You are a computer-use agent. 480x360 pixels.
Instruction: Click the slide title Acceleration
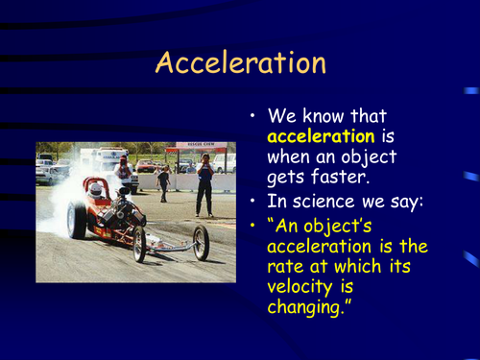click(x=240, y=62)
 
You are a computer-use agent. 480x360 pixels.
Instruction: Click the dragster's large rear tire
click(x=77, y=219)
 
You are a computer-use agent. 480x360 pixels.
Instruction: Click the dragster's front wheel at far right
click(x=201, y=243)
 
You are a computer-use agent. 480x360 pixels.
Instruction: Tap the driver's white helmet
click(x=95, y=190)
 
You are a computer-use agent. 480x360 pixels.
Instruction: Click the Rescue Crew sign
click(x=201, y=147)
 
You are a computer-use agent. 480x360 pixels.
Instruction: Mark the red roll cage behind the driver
click(x=94, y=182)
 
